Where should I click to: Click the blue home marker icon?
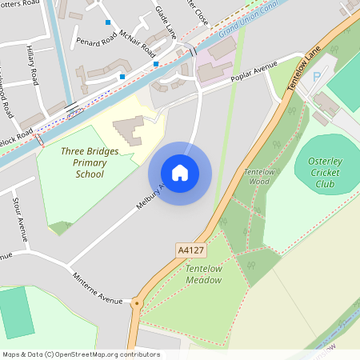pos(180,173)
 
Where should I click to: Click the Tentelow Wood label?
pos(258,177)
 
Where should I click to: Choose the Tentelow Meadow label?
pos(203,274)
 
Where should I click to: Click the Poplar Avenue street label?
pos(254,71)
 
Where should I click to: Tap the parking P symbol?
pos(315,76)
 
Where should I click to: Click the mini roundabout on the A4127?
pos(136,303)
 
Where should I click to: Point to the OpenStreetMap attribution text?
pos(80,354)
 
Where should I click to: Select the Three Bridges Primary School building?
pos(128,129)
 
